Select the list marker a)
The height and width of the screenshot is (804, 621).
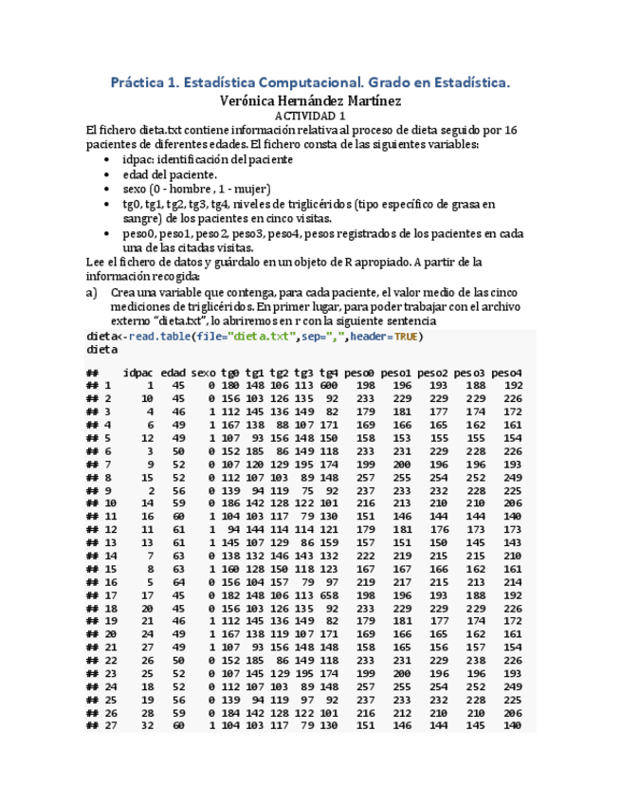[x=91, y=293]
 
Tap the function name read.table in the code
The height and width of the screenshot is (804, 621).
[x=159, y=336]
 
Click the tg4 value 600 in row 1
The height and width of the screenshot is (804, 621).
[x=328, y=386]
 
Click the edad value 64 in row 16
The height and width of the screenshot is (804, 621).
[x=178, y=581]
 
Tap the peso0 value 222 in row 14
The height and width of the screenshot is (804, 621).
[x=366, y=556]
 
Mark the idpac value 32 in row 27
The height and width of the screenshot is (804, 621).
[x=147, y=724]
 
